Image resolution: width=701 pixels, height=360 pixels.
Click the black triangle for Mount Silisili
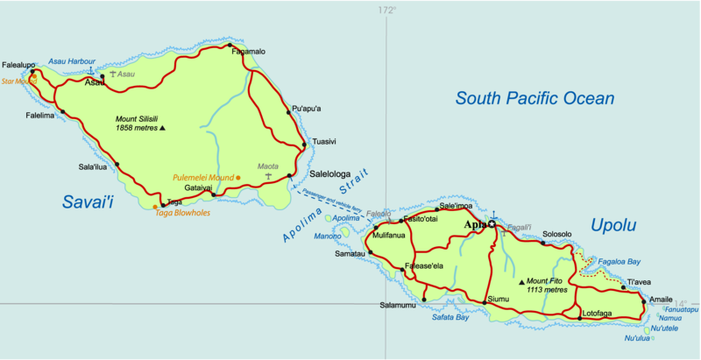[164, 128]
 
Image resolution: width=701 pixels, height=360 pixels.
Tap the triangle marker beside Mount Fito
[522, 282]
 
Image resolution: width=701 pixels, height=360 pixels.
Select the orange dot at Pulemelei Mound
[238, 178]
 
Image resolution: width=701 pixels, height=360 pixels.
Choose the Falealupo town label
[19, 65]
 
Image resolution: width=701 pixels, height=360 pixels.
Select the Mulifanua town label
[390, 236]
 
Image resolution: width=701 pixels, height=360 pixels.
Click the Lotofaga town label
[597, 313]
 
